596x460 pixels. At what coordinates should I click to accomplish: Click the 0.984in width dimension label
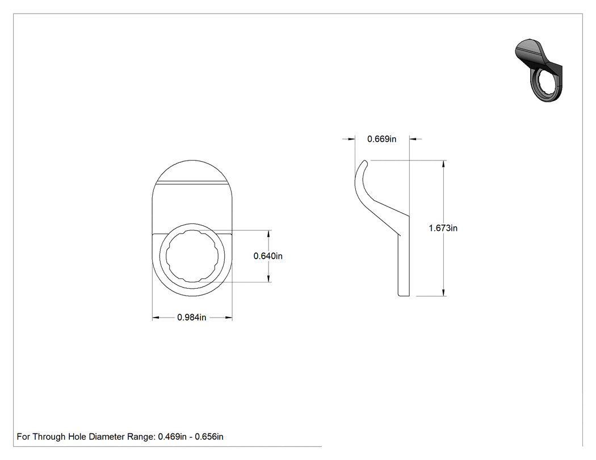192,317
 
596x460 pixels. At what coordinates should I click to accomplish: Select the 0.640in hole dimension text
268,256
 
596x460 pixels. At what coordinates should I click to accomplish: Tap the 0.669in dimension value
381,139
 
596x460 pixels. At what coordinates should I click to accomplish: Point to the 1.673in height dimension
443,228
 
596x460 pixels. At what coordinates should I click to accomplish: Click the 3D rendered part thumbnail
539,70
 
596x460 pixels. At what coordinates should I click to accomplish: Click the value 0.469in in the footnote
172,437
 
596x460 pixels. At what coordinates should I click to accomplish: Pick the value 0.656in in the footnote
209,437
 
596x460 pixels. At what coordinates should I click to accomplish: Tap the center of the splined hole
192,256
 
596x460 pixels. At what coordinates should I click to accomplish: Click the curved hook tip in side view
366,162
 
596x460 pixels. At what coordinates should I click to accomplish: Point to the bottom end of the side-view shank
404,295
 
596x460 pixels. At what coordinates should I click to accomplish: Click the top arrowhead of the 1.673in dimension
443,164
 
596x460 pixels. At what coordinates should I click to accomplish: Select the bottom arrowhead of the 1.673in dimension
443,292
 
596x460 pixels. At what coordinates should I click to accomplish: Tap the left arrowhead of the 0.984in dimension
156,317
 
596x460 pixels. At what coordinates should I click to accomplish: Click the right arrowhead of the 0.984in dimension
228,317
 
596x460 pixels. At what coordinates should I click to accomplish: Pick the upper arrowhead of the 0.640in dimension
268,234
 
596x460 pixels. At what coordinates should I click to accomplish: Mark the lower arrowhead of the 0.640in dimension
268,278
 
